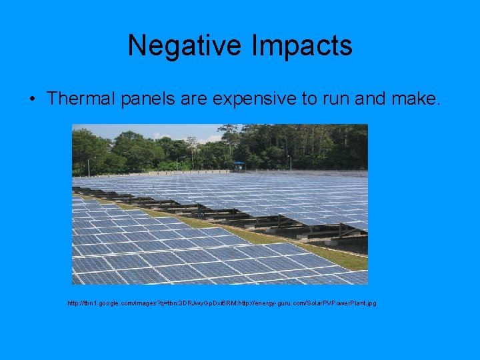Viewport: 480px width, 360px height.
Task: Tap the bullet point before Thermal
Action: (x=32, y=99)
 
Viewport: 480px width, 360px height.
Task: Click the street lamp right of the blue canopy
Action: (x=289, y=162)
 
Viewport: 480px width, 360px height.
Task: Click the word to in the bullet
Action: (x=309, y=99)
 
